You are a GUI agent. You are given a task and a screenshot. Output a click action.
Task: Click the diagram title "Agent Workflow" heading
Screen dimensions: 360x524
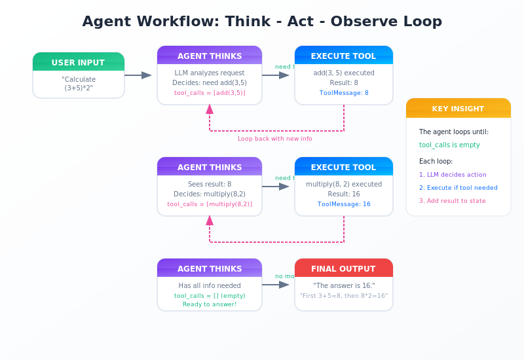(262, 22)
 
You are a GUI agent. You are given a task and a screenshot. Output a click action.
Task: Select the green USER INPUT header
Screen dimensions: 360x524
(79, 63)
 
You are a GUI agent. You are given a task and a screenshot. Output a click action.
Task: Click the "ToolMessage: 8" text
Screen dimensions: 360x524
(344, 93)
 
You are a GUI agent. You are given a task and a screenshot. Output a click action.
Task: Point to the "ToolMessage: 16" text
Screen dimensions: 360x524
(344, 204)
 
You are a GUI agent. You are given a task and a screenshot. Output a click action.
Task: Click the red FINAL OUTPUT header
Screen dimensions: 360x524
(344, 268)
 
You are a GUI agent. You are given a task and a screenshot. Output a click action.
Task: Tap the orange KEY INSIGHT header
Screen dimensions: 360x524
(458, 109)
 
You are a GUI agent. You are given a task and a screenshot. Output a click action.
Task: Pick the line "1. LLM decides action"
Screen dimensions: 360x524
(453, 174)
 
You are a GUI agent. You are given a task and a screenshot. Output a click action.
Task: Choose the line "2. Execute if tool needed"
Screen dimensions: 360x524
(458, 187)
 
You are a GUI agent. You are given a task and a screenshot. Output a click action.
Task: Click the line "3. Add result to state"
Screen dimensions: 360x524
(453, 200)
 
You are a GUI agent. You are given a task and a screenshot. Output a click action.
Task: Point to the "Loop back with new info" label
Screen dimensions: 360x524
(275, 139)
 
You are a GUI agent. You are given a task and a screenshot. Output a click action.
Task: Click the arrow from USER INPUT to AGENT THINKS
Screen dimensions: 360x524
(138, 75)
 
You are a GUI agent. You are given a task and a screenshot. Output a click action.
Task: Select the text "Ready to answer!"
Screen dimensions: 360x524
(210, 304)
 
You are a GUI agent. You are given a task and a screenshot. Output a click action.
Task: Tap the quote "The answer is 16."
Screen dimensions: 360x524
(344, 285)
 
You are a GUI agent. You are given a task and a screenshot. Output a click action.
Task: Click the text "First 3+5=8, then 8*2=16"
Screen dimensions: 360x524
(344, 296)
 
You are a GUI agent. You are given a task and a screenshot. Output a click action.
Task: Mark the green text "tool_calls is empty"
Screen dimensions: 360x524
(449, 145)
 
